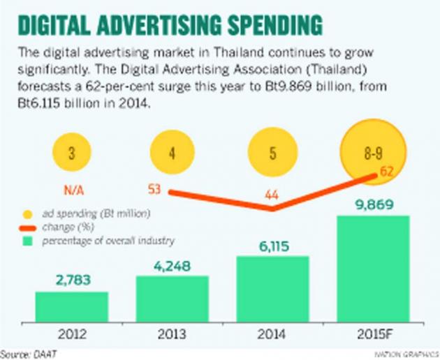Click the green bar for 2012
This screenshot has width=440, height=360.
(x=72, y=304)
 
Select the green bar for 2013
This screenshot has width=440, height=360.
(x=172, y=297)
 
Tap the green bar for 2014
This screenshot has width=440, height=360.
(x=272, y=287)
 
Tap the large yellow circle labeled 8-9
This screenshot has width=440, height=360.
(x=373, y=151)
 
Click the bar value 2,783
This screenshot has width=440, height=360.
(x=72, y=282)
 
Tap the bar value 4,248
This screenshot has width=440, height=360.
(x=172, y=266)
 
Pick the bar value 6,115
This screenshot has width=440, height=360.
(x=272, y=246)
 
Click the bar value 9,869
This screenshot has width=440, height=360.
(x=373, y=206)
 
